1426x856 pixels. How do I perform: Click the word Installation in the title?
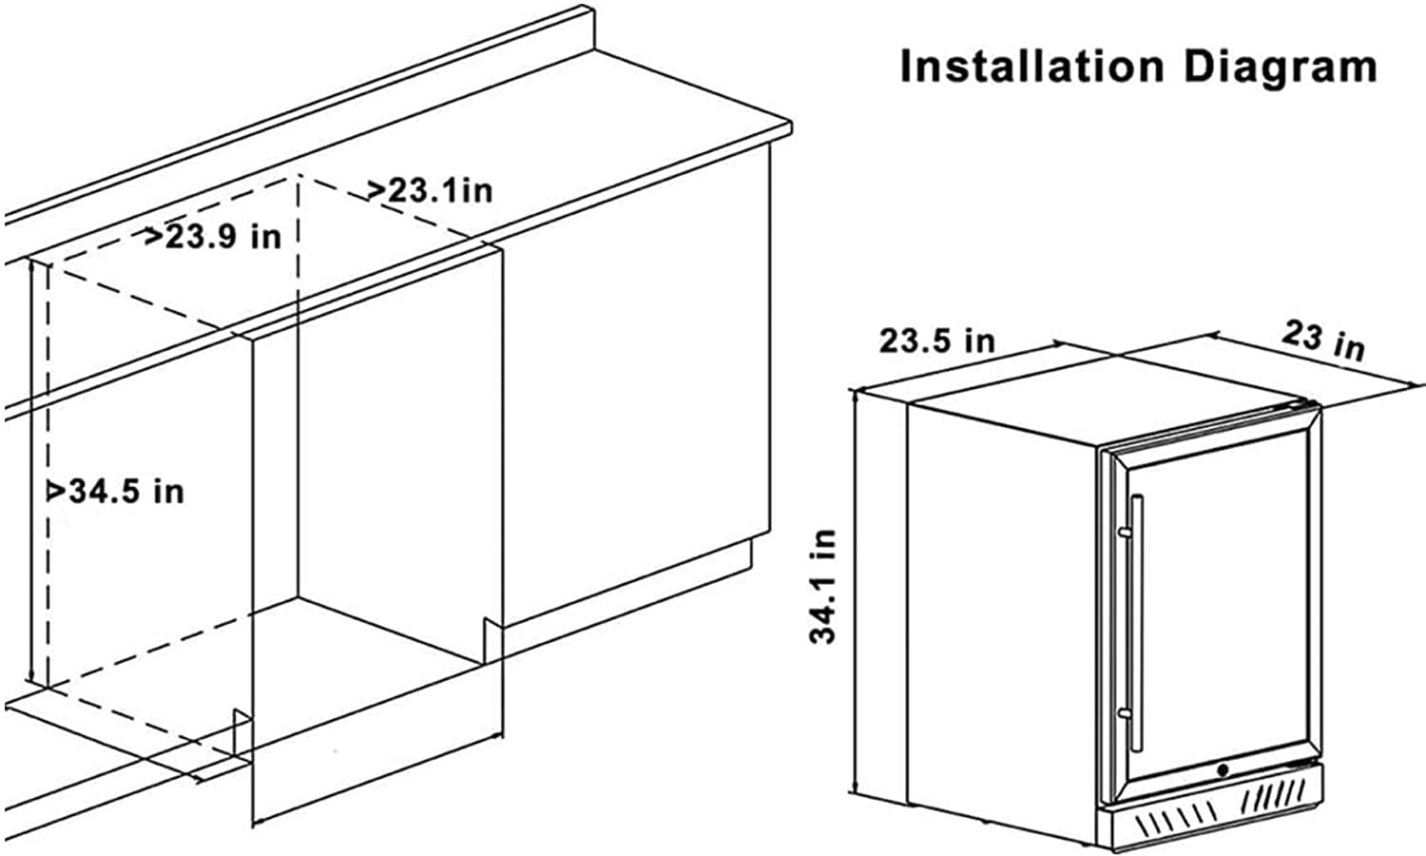pyautogui.click(x=1031, y=68)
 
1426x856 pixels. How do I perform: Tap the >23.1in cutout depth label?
pyautogui.click(x=431, y=190)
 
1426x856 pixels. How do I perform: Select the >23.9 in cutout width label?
pyautogui.click(x=213, y=236)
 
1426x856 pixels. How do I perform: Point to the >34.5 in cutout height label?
pyautogui.click(x=116, y=491)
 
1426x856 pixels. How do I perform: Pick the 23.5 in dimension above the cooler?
pyautogui.click(x=936, y=340)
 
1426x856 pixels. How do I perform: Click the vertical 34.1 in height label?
pyautogui.click(x=823, y=586)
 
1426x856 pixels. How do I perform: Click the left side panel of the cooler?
pyautogui.click(x=998, y=618)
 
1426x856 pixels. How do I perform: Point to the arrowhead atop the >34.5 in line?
pyautogui.click(x=36, y=267)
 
